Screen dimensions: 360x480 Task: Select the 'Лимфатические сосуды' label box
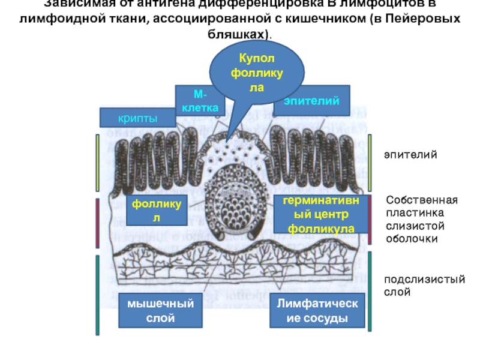(317, 311)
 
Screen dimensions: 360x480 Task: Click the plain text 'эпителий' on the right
(411, 155)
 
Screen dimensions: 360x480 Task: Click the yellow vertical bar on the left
(97, 163)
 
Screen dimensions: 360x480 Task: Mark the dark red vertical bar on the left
(97, 223)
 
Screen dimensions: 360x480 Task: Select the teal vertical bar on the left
(97, 295)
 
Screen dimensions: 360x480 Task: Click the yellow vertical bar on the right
(371, 163)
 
